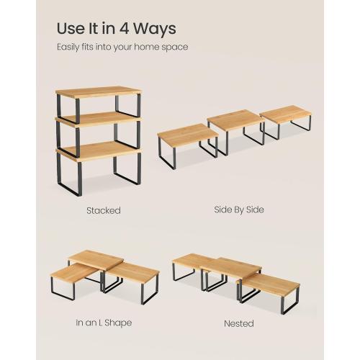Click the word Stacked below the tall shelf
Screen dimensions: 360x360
coord(103,211)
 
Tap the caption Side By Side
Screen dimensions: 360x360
coord(239,210)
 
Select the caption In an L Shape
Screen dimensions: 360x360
coord(104,323)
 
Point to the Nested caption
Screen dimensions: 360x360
coord(238,323)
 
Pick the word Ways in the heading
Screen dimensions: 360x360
coord(156,30)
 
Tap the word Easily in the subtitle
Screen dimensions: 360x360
coord(71,48)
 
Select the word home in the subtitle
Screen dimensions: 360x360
coord(153,48)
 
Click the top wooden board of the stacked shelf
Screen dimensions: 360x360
coord(97,94)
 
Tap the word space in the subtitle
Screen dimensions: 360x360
coord(178,48)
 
